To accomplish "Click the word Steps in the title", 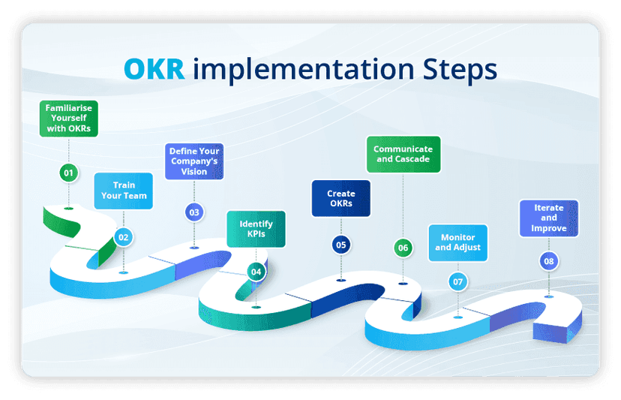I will (x=457, y=68).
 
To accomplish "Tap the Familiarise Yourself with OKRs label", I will (x=68, y=118).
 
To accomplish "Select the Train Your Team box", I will (x=124, y=191).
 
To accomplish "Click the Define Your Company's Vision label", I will (x=194, y=161).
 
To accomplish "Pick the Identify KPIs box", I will (x=256, y=229).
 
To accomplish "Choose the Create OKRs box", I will (x=340, y=199).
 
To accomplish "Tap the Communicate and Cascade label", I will (x=403, y=154).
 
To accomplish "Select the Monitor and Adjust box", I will (x=457, y=242).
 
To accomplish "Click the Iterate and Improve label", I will (x=549, y=218).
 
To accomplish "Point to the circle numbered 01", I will (x=69, y=173).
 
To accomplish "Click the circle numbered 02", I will (x=124, y=238).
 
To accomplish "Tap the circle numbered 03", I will (x=194, y=212).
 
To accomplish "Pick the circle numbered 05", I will (x=341, y=245).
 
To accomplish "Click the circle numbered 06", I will (x=403, y=248).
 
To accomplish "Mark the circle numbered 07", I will (x=457, y=282).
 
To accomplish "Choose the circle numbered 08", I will (x=549, y=261).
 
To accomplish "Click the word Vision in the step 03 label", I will (x=194, y=170).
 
